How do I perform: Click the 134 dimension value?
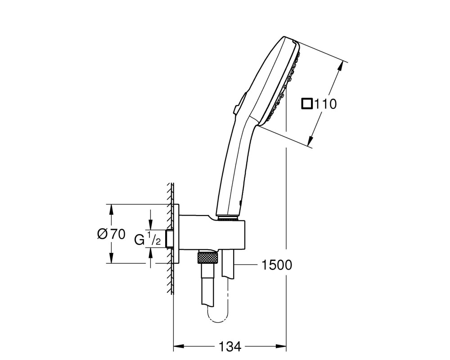[230, 347]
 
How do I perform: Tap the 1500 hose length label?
[277, 265]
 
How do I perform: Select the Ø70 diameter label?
[111, 234]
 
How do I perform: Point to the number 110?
[325, 104]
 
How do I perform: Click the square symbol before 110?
[307, 103]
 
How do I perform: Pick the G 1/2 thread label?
[148, 239]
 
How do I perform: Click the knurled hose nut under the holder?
[207, 257]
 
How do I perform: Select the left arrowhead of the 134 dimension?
[178, 346]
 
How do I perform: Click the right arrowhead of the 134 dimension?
[281, 346]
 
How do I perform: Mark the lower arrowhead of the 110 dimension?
[310, 141]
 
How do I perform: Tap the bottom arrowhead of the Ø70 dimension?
[111, 258]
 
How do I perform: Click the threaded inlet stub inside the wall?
[170, 238]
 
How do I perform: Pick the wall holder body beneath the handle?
[212, 233]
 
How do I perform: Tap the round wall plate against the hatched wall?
[176, 234]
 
